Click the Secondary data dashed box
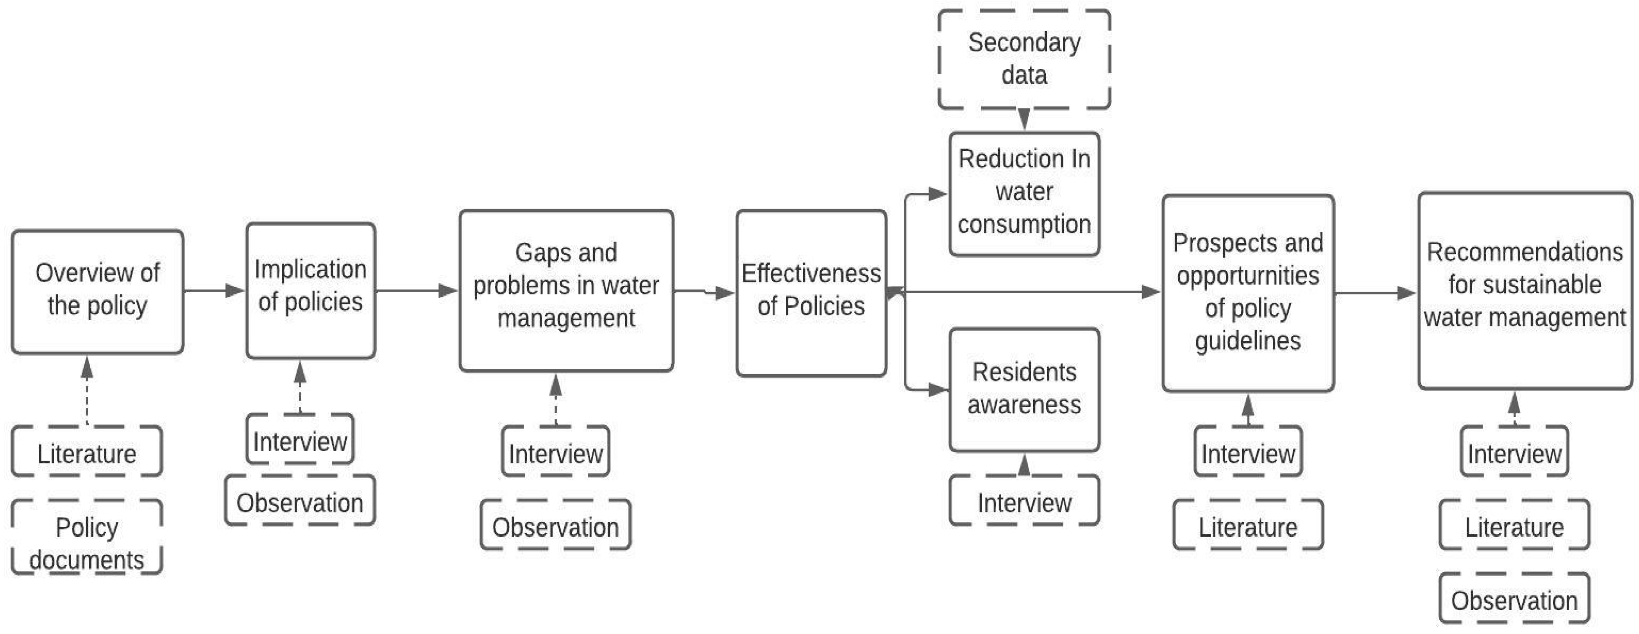click(1024, 59)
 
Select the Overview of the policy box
click(97, 292)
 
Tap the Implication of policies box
click(311, 290)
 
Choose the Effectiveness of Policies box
click(811, 293)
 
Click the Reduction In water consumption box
click(1024, 193)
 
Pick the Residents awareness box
click(1024, 389)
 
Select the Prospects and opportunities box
click(1248, 293)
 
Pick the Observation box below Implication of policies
click(300, 502)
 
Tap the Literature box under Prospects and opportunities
click(1248, 527)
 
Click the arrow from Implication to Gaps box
click(416, 291)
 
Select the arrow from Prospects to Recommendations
click(1374, 293)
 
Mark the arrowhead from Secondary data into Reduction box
click(1024, 120)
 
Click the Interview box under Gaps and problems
click(555, 453)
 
